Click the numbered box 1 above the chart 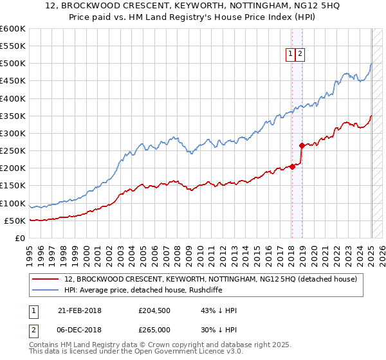[291, 55]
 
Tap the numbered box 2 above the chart [300, 55]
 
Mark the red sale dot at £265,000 [301, 145]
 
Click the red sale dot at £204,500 [292, 166]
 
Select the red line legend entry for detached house [214, 280]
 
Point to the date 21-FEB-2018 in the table [80, 310]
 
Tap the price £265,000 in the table [154, 330]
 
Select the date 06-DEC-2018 [80, 330]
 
